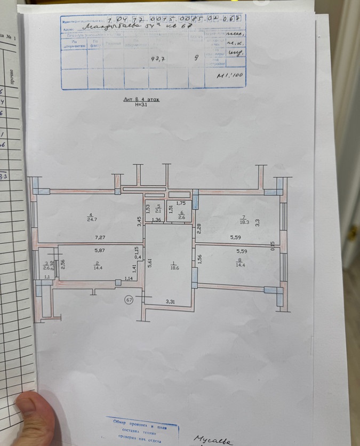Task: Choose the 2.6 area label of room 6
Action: click(181, 217)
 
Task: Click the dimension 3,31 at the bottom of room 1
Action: click(170, 302)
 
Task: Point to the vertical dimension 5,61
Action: click(150, 263)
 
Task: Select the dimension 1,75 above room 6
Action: click(181, 203)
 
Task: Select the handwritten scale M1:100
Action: click(230, 76)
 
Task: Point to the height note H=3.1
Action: click(141, 105)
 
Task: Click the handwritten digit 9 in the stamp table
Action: click(197, 59)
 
